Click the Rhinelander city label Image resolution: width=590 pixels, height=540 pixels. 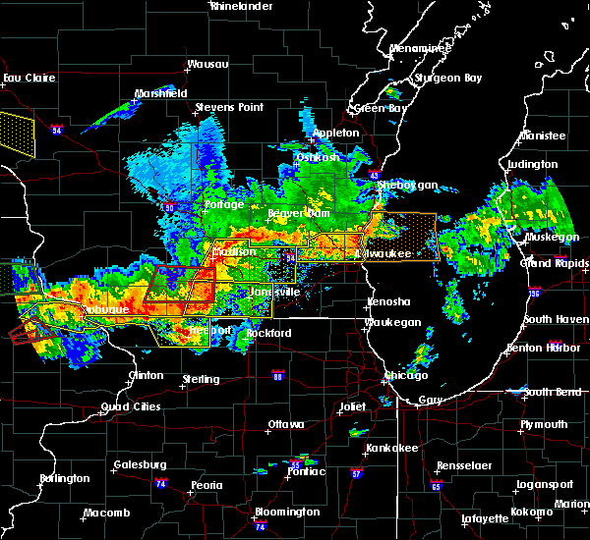241,6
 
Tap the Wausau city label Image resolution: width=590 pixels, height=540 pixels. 207,65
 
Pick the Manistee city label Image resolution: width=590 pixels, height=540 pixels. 544,135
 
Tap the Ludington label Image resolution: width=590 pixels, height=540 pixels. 532,165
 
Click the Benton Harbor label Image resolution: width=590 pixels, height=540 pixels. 549,348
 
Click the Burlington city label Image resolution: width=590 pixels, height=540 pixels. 64,478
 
